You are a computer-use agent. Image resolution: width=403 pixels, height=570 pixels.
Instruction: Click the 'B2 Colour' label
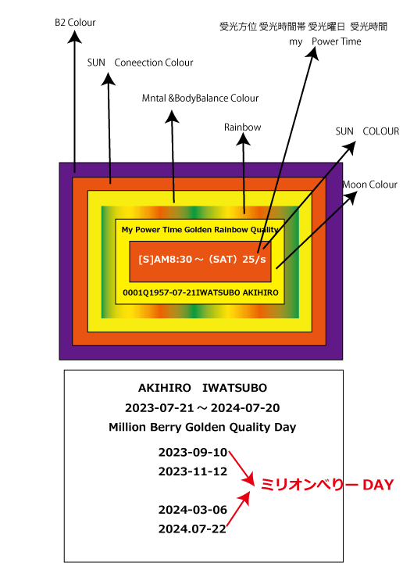(75, 23)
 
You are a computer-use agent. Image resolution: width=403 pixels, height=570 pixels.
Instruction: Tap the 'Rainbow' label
(243, 127)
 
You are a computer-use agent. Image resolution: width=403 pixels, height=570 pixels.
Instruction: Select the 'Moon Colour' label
(370, 185)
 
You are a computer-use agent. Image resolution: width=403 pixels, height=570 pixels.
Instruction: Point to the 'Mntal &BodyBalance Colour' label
(200, 99)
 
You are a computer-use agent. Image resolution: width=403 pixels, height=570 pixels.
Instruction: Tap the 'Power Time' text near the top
(336, 41)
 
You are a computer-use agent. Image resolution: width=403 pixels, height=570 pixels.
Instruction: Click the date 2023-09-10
(193, 452)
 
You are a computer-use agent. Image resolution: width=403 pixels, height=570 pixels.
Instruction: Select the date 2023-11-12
(193, 471)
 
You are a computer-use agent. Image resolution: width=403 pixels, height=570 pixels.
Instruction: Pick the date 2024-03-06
(193, 510)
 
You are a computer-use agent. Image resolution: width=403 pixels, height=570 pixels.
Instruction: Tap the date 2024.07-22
(192, 529)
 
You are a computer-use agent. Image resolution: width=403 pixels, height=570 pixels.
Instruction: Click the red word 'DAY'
(378, 485)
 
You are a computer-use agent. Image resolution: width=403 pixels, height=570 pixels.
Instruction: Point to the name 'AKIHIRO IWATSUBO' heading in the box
(202, 388)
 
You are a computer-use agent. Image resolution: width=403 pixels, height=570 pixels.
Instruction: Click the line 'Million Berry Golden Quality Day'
(202, 427)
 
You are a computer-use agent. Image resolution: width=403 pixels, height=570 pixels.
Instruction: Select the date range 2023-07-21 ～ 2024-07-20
(202, 408)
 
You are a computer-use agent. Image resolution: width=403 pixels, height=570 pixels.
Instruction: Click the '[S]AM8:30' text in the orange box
(166, 259)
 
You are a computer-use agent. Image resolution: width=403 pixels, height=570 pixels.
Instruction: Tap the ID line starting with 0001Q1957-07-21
(201, 292)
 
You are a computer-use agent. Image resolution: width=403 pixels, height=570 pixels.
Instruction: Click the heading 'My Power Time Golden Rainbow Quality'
(200, 230)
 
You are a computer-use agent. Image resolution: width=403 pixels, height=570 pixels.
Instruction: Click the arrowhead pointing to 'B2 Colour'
(74, 37)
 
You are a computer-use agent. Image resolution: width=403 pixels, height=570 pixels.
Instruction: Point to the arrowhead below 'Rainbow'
(243, 139)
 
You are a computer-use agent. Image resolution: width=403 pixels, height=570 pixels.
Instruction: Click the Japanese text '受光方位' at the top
(238, 27)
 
